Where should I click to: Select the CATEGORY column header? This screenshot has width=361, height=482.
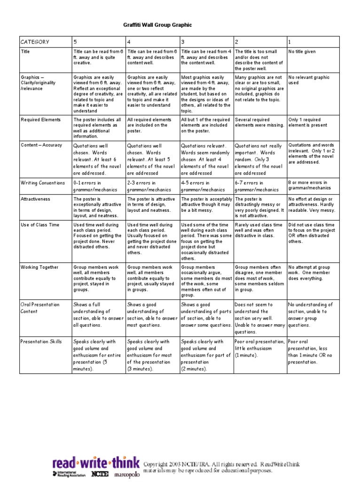coord(35,42)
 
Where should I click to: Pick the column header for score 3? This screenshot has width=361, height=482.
coord(183,42)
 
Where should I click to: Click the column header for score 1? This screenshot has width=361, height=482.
coord(290,42)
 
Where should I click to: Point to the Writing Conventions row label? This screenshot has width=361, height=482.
coord(42,183)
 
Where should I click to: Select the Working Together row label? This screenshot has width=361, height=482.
coord(39,267)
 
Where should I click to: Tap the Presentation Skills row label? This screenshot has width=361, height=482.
coord(40,342)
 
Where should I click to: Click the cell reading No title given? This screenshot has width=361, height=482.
coord(302,52)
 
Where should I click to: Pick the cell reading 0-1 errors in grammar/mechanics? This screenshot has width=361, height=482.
coord(92,186)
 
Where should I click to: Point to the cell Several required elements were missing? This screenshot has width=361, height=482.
coord(259,122)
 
